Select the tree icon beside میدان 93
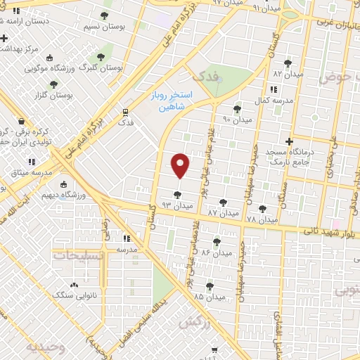[x=176, y=195]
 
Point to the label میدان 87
[x=224, y=212]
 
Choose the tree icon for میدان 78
[x=263, y=208]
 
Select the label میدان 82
[x=288, y=74]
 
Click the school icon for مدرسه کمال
[x=273, y=89]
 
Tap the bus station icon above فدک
[x=125, y=111]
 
